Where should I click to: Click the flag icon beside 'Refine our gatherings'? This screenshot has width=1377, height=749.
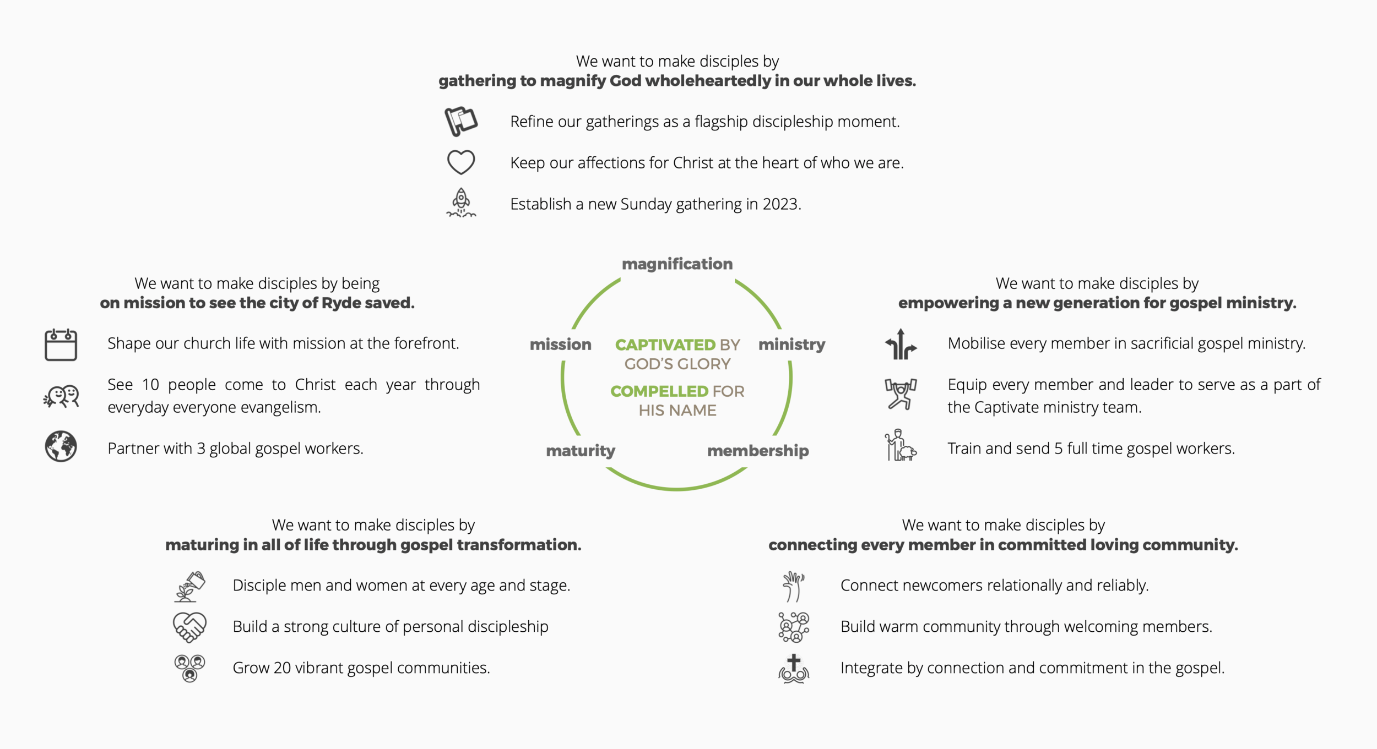[460, 121]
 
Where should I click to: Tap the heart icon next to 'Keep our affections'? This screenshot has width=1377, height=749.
[460, 162]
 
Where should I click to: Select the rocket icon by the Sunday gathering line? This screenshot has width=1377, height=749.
[461, 203]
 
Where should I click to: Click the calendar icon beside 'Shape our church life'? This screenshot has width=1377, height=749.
[61, 345]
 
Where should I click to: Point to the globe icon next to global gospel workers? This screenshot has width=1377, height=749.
[61, 446]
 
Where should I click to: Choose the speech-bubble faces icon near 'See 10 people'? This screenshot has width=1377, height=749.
[61, 396]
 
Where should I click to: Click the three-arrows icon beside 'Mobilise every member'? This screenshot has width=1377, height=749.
[901, 345]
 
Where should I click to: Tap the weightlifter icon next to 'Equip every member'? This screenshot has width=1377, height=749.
[901, 394]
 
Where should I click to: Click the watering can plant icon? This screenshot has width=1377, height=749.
[190, 586]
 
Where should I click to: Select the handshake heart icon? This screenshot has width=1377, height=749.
[189, 627]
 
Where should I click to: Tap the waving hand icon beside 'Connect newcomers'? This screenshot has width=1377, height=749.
[793, 586]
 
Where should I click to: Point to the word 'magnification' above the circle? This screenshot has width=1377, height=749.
[677, 264]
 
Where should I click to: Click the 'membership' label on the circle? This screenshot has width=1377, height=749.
[758, 451]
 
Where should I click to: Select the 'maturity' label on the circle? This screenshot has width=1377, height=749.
[581, 451]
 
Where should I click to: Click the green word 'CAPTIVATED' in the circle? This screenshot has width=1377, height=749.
[665, 345]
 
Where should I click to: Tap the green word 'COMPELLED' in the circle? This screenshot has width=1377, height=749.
[659, 391]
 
